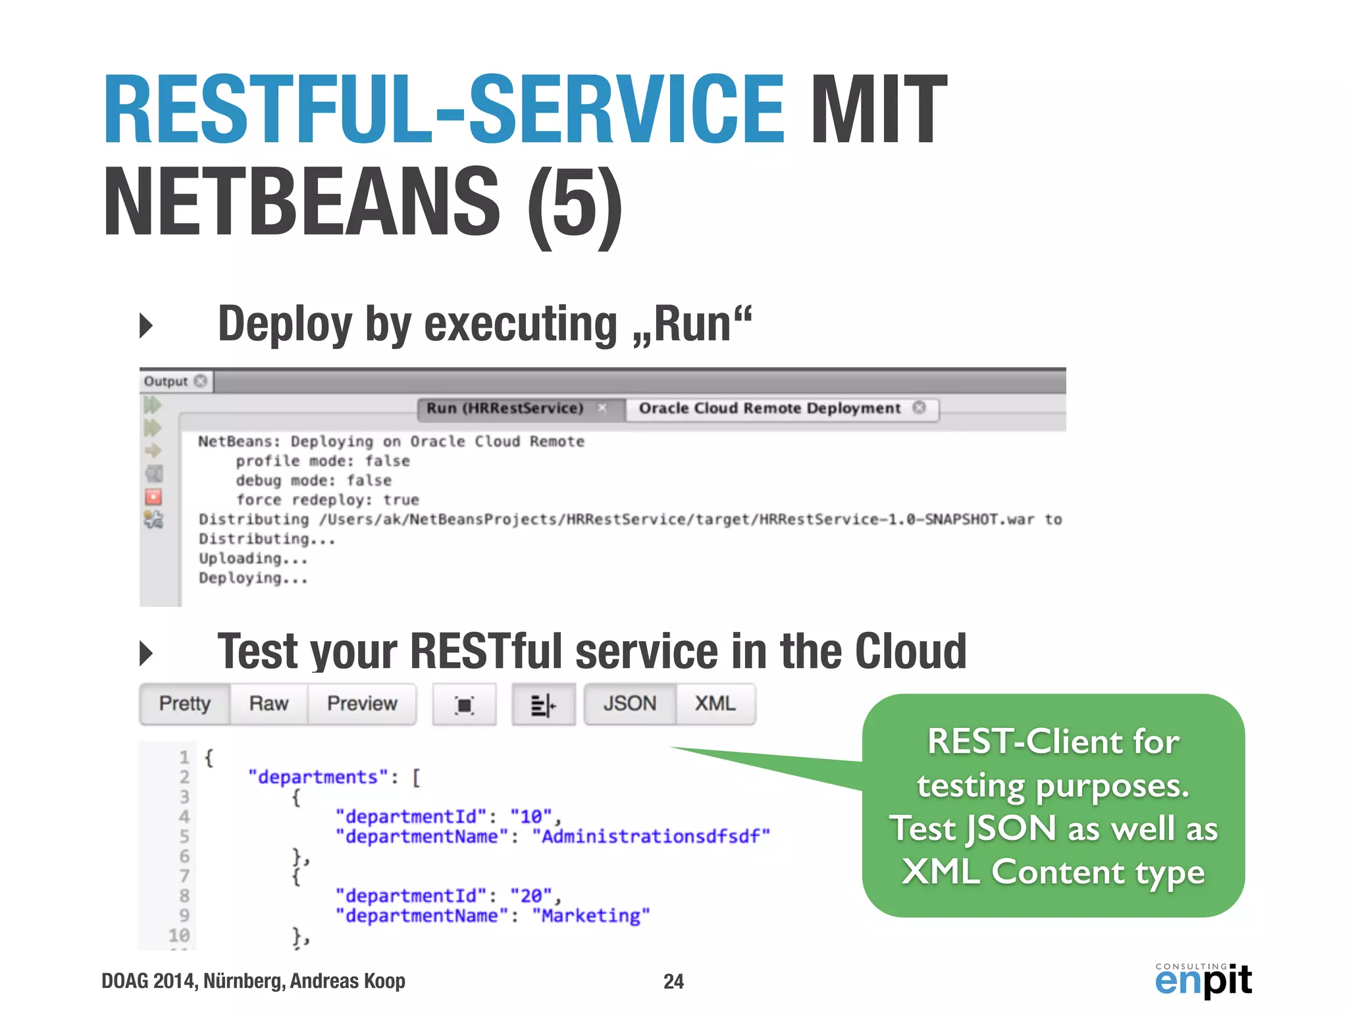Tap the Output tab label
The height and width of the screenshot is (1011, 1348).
[x=166, y=381]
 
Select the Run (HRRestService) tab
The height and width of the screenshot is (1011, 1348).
[x=505, y=408]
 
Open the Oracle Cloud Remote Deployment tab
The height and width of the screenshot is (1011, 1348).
[x=769, y=408]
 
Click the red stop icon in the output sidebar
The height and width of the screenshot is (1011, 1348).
[x=153, y=497]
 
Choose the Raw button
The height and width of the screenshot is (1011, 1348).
[x=269, y=704]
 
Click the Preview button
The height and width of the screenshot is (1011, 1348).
[x=362, y=704]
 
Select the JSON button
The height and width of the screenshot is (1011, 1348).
[x=630, y=704]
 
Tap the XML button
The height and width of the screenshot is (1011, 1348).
[x=715, y=704]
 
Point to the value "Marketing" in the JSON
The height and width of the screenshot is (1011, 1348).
[x=591, y=916]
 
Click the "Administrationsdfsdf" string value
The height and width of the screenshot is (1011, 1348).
[x=651, y=837]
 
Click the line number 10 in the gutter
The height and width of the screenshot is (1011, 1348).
[x=178, y=935]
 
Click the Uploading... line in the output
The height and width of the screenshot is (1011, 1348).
[x=253, y=559]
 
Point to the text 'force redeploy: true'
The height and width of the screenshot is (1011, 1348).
[x=327, y=500]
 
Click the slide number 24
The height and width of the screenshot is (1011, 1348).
[x=673, y=981]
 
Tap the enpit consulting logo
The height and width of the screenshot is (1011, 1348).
[x=1203, y=980]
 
